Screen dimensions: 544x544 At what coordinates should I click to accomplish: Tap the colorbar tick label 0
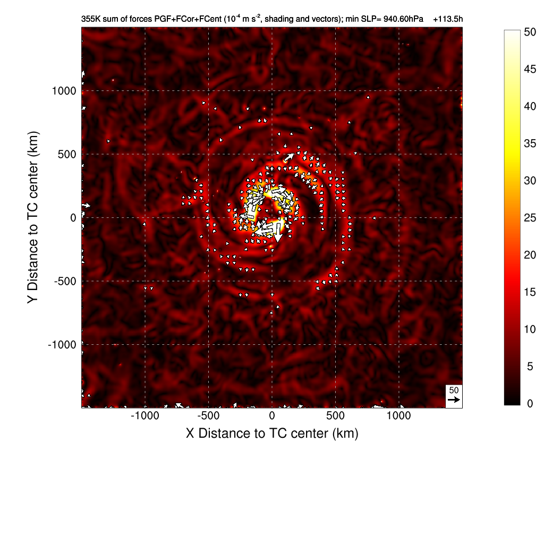(528, 404)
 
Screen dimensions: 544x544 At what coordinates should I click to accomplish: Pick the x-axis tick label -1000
(145, 415)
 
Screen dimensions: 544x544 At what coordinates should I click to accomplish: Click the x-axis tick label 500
(336, 415)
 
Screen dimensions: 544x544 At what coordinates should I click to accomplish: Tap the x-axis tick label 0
(272, 415)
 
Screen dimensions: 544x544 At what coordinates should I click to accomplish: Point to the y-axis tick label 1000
(64, 91)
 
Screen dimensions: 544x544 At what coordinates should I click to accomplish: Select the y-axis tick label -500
(64, 281)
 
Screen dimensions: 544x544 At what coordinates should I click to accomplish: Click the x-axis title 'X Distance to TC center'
(272, 433)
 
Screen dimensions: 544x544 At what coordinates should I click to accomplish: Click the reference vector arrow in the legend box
(454, 399)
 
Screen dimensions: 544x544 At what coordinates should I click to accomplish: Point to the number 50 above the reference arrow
(454, 390)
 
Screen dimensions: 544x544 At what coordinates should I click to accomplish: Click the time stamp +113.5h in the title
(448, 19)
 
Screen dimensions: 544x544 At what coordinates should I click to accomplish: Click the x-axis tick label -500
(208, 415)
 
